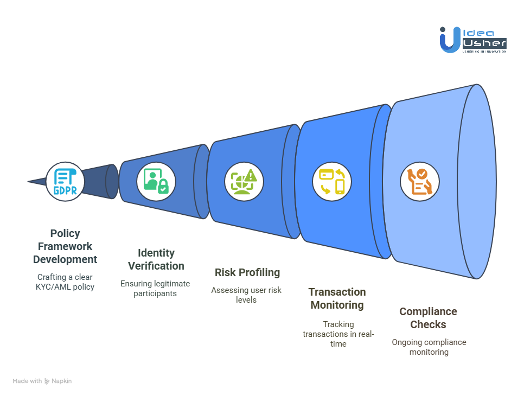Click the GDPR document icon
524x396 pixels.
coord(65,182)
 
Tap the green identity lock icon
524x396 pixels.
coord(156,181)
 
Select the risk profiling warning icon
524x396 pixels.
coord(244,182)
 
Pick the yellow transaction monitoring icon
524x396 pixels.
coord(332,182)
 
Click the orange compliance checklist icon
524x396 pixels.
coord(420,182)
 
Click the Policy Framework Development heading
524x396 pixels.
coord(65,246)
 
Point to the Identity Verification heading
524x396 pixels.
coord(156,259)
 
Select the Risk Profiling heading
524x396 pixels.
coord(247,272)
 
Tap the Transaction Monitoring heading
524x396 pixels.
coord(337,298)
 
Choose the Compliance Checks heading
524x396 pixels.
coord(428,318)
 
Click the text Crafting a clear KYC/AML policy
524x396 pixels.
coord(65,282)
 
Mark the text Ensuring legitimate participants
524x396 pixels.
coord(155,289)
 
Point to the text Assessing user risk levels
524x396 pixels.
coord(246,295)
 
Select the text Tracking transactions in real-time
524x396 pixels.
coord(338,334)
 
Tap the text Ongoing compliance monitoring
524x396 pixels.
coord(429,347)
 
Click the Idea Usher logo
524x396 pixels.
coord(473,40)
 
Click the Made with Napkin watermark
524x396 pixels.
coord(42,381)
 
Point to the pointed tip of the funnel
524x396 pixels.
coord(28,182)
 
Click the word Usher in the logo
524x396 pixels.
coord(484,43)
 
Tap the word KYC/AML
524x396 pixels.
coord(54,287)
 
